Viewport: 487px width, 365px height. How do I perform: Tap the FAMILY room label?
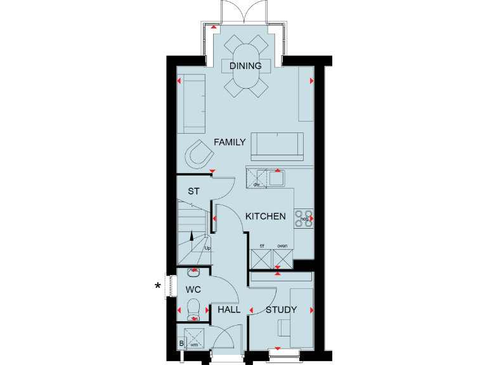point(229,143)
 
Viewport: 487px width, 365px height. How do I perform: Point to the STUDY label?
point(281,310)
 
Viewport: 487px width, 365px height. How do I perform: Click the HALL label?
point(229,310)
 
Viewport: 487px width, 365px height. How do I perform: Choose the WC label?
point(193,290)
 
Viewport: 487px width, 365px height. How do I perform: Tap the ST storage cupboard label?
point(193,191)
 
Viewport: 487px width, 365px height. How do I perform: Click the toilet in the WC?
point(193,310)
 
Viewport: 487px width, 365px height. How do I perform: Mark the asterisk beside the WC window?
point(158,286)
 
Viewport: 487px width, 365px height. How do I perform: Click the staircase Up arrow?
point(193,237)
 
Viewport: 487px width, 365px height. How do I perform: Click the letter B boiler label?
point(181,344)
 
